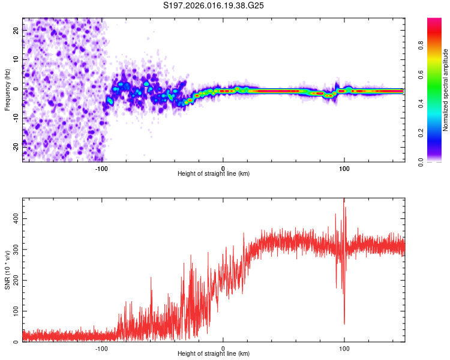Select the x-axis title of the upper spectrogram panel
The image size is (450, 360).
coord(214,174)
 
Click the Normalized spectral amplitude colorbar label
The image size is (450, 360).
coord(446,90)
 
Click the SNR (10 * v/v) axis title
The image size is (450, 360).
coord(8,270)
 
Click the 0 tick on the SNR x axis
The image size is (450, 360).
coord(223,348)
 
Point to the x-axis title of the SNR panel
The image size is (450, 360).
coord(214,354)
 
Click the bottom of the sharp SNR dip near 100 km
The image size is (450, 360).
coord(344,324)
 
